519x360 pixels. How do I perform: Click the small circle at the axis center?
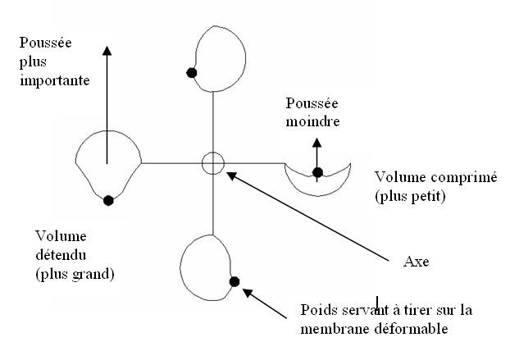[212, 163]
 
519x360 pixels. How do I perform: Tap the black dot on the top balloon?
[192, 72]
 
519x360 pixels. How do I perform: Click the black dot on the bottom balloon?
[234, 281]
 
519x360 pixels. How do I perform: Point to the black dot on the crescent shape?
[317, 172]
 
